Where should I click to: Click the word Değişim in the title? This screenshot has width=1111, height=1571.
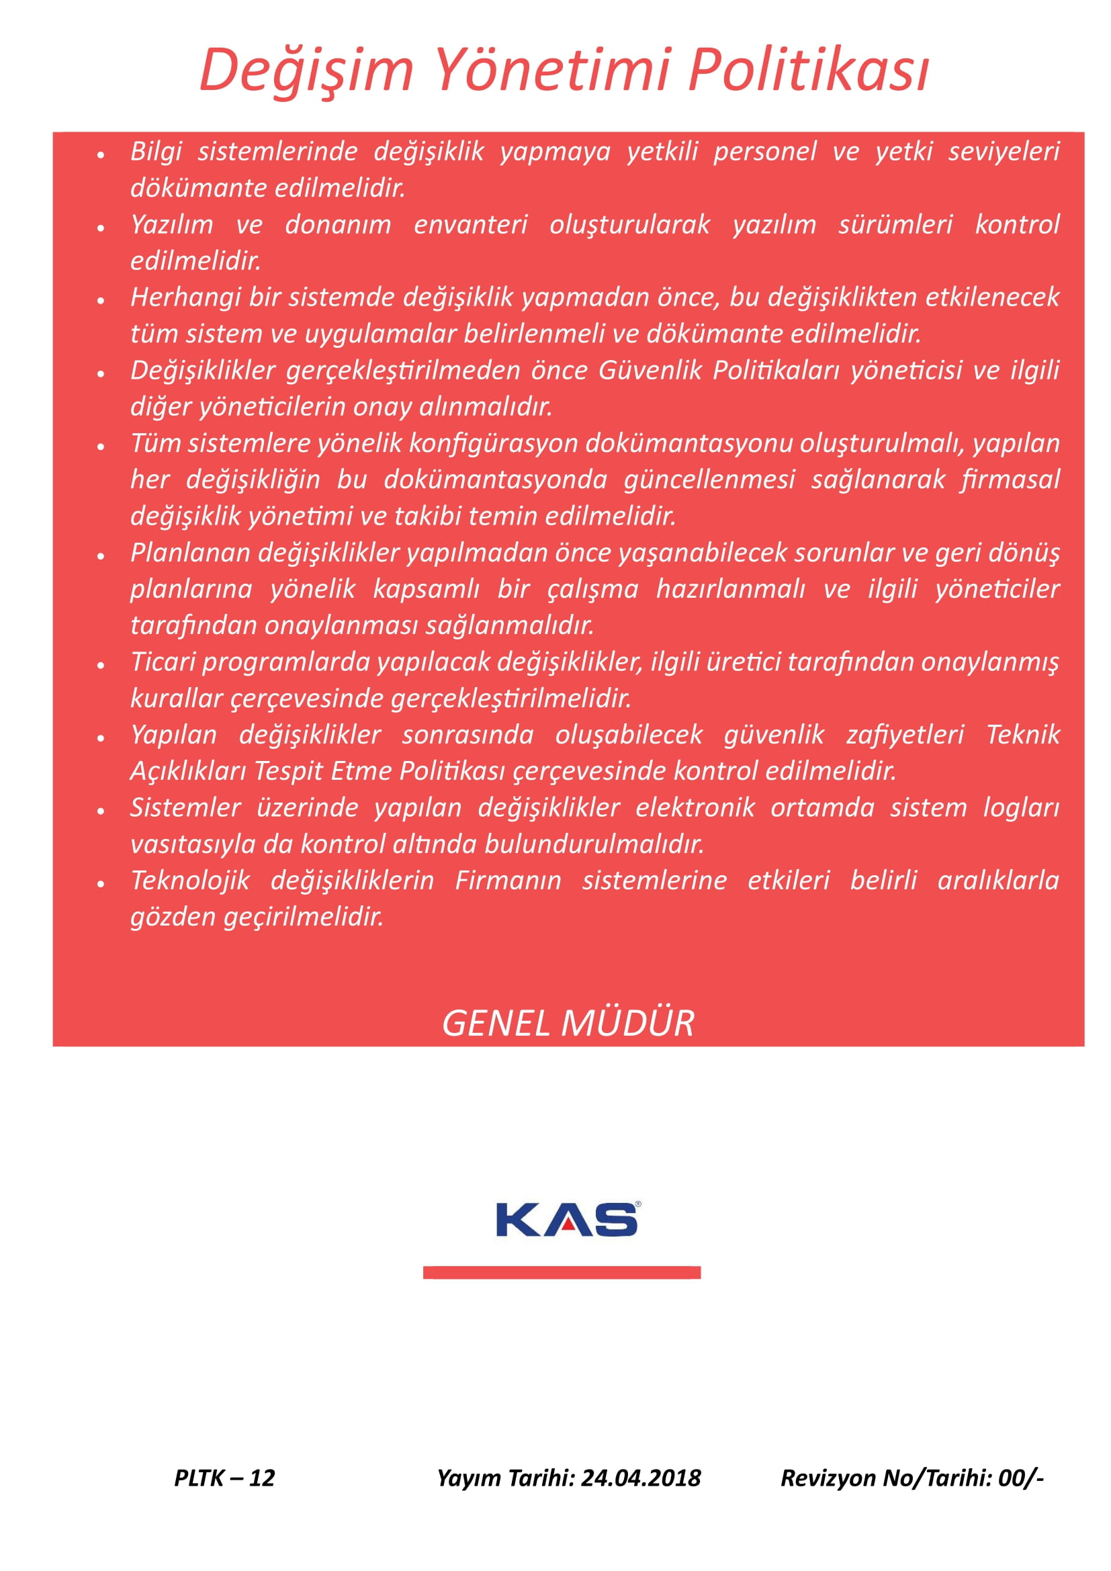tap(306, 70)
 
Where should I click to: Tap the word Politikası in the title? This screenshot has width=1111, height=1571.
tap(808, 70)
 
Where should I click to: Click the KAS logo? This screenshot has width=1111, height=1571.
tap(567, 1220)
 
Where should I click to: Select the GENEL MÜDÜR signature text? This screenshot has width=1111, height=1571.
tap(568, 1024)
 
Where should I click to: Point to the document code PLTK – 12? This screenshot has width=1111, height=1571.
tap(224, 1478)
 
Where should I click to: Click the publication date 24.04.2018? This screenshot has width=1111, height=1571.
tap(641, 1478)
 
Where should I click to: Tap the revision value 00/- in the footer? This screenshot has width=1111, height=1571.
tap(1020, 1478)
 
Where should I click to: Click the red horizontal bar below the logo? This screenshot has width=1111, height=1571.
tap(562, 1273)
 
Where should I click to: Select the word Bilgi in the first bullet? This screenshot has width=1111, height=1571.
tap(156, 151)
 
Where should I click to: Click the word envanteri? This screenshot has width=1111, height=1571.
tap(471, 224)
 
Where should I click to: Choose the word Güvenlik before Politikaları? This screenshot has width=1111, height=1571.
tap(651, 370)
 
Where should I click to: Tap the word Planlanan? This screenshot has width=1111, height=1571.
tap(190, 553)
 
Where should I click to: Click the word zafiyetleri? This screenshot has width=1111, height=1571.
tap(905, 735)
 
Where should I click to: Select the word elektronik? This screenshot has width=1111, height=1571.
tap(695, 808)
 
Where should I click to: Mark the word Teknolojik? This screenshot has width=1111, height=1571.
tap(190, 881)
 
